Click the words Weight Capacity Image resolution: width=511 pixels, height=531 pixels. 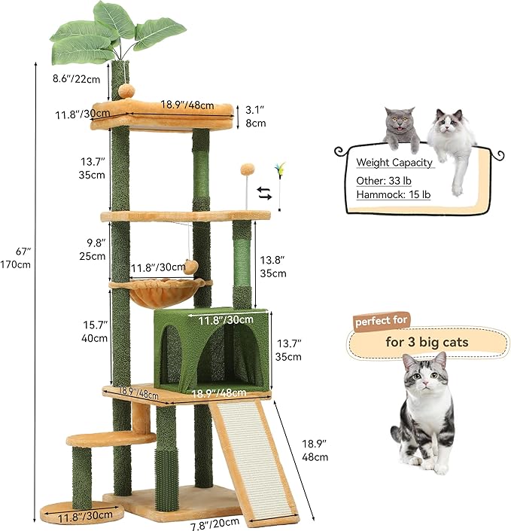tap(394, 162)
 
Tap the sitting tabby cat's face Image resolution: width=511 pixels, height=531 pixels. tap(424, 377)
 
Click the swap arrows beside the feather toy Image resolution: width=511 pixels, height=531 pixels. tap(263, 193)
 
